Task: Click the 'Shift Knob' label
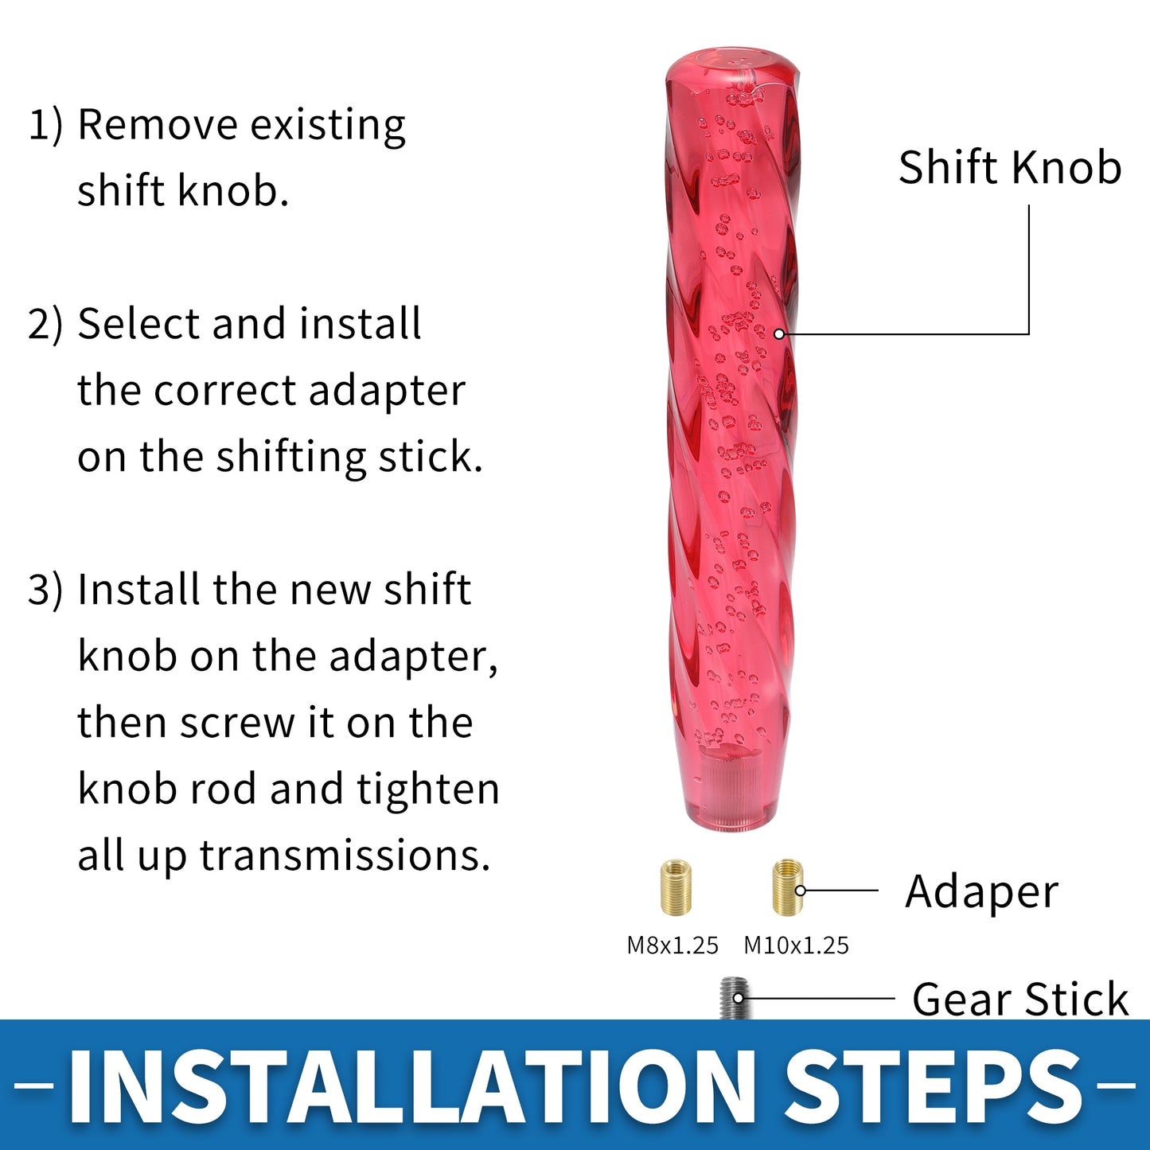tap(1010, 167)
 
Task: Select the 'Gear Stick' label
tap(1020, 999)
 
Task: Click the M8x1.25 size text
tap(672, 945)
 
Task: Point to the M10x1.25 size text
tap(796, 945)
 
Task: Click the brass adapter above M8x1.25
tap(676, 887)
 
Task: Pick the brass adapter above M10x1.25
tap(788, 887)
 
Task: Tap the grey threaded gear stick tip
tap(734, 998)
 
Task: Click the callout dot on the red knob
tap(779, 334)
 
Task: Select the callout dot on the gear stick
tap(739, 998)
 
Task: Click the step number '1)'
tap(45, 125)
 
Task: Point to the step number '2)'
tap(45, 324)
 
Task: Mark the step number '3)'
tap(45, 590)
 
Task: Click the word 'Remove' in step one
tap(157, 125)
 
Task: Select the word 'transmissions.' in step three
tap(344, 856)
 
